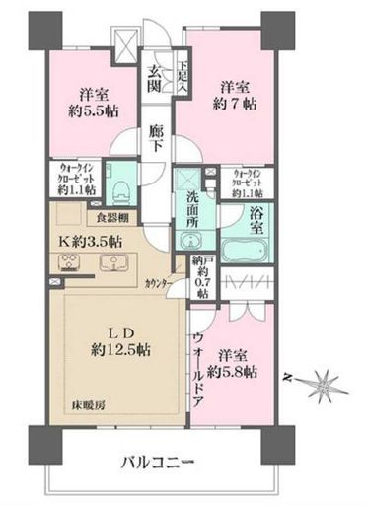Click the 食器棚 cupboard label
[x=112, y=217]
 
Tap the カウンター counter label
[x=159, y=283]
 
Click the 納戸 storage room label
[x=202, y=263]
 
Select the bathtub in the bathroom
[x=246, y=248]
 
